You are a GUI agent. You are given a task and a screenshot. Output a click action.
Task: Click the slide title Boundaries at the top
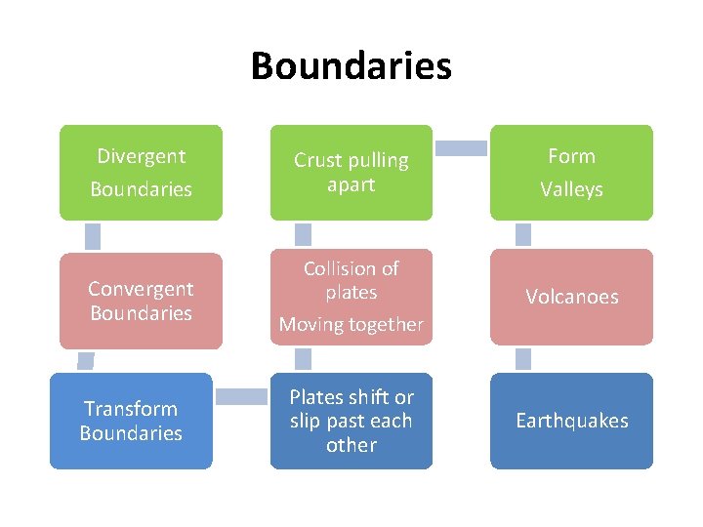click(351, 66)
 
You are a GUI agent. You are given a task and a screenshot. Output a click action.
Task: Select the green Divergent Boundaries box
click(141, 172)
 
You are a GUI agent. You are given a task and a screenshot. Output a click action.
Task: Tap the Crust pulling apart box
click(351, 172)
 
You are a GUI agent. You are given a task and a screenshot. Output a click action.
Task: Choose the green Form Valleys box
click(571, 172)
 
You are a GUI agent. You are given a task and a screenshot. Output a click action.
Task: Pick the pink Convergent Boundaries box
click(141, 301)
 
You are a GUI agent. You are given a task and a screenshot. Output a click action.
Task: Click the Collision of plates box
click(351, 297)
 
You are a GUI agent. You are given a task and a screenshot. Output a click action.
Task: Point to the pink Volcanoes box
click(571, 297)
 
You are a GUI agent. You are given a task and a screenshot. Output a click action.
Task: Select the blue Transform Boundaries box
click(131, 421)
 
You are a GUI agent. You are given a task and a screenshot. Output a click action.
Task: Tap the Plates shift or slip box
click(351, 421)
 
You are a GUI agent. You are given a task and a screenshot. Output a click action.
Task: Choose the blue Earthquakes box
click(571, 421)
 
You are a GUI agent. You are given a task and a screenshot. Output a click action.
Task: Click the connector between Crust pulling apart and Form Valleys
click(461, 148)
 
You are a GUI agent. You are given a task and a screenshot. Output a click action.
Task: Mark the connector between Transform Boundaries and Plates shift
click(241, 397)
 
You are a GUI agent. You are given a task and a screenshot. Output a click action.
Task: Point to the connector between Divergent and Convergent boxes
click(93, 235)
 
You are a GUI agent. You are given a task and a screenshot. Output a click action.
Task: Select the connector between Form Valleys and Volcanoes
click(523, 235)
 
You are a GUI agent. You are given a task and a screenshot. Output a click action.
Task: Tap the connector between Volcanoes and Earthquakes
click(523, 358)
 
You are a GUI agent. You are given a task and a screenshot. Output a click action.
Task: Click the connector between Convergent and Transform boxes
click(86, 360)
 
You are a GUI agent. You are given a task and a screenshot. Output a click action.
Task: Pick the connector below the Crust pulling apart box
click(304, 234)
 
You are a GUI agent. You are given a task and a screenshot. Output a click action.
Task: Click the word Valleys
click(571, 189)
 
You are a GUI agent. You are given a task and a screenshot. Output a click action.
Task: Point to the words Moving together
click(351, 324)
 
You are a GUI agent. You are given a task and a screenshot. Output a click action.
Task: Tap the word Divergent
click(141, 156)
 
